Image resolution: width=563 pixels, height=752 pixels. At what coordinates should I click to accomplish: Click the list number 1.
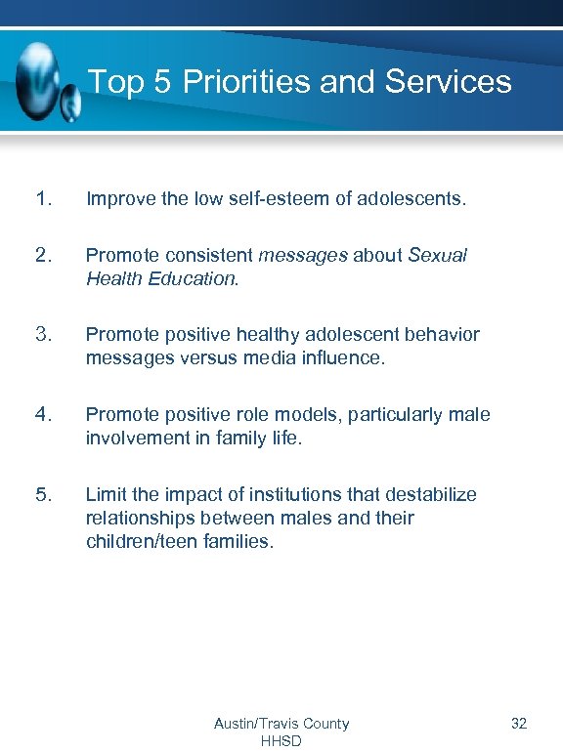tap(43, 199)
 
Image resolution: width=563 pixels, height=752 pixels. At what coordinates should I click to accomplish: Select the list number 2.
tap(43, 255)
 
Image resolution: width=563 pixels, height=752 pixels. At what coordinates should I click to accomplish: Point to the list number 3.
tap(43, 335)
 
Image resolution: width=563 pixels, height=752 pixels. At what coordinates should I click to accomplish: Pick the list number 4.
tap(43, 414)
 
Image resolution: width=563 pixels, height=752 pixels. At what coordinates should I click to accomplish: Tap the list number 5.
tap(43, 494)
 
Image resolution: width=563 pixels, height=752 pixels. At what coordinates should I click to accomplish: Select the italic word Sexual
tap(437, 255)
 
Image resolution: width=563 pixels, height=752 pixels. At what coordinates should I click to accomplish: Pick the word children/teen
tap(140, 541)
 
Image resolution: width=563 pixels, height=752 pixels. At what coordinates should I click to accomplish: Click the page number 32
tap(519, 724)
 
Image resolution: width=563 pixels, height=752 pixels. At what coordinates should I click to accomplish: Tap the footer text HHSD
tap(281, 741)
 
